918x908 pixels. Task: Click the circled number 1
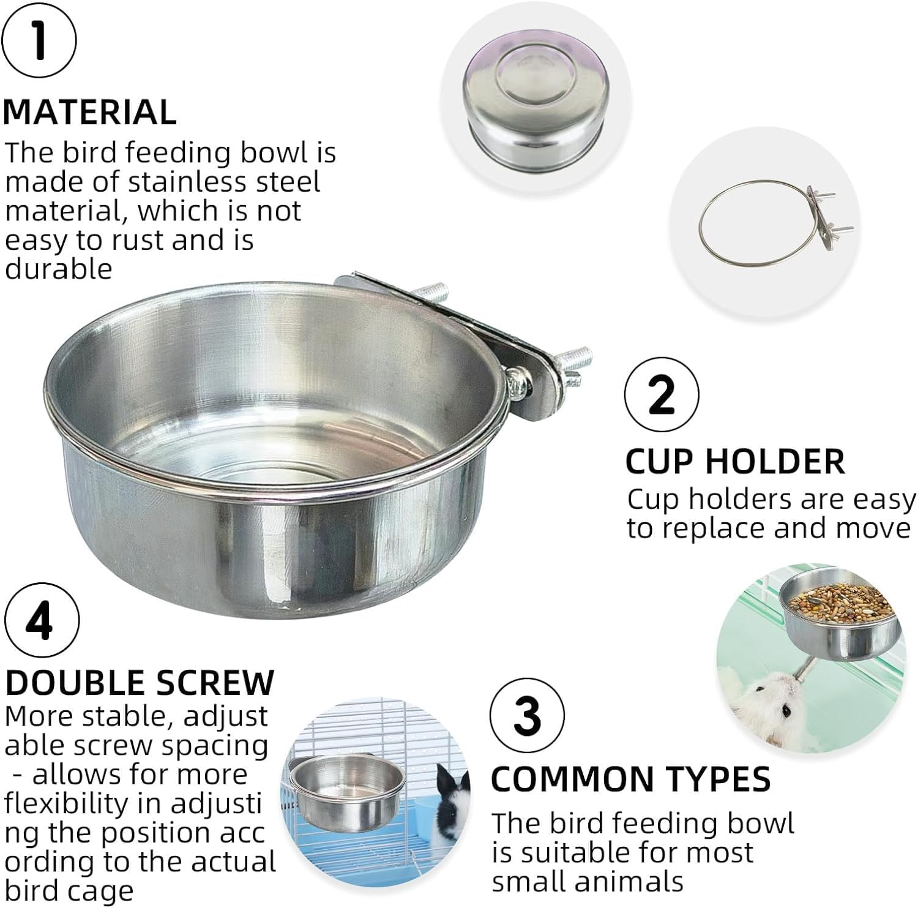[x=39, y=40]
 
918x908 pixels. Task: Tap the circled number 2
[x=661, y=395]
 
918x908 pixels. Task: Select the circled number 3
[x=527, y=715]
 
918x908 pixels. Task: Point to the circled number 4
[x=42, y=620]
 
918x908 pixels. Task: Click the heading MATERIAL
[x=90, y=112]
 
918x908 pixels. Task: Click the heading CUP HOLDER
[x=734, y=462]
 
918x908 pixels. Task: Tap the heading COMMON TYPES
[x=630, y=779]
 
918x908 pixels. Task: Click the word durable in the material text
[x=59, y=269]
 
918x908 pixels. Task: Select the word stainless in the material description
[x=208, y=182]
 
